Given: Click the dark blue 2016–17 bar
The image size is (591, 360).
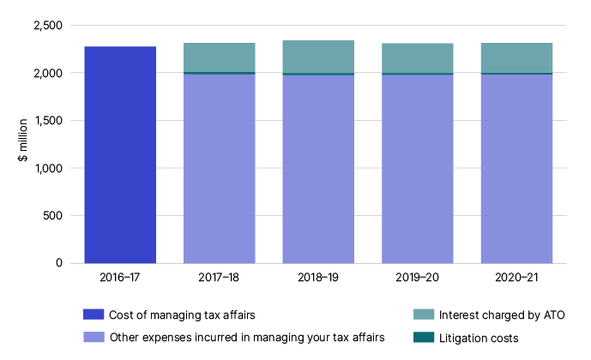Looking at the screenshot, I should coord(120,154).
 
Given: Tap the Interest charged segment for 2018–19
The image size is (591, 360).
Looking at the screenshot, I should coord(318,57).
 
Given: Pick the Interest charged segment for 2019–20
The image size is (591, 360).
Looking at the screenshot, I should coord(417,57).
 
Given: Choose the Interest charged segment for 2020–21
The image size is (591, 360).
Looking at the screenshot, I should coord(516,57).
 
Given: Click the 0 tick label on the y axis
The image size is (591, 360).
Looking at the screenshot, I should coord(57,263).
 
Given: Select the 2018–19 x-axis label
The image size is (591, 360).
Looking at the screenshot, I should coord(318,279).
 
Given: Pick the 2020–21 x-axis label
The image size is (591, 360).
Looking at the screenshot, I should coord(516,279).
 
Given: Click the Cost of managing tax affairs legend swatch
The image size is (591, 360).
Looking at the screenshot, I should coord(92,314).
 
